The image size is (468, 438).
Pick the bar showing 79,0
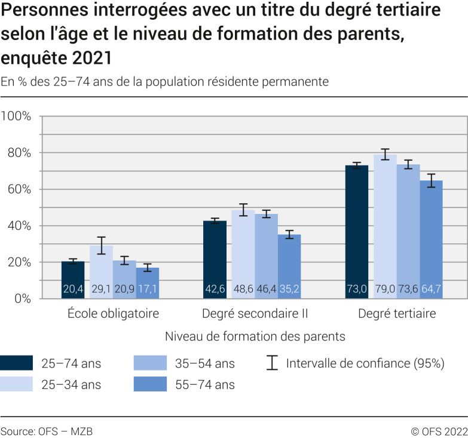pos(385,227)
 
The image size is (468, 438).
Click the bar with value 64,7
pos(430,240)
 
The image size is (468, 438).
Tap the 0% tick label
pos(22,299)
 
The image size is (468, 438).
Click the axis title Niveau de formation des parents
pos(255,336)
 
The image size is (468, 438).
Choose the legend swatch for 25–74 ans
pos(17,363)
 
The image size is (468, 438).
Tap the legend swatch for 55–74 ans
pos(151,384)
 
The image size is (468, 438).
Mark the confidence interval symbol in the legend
pos(273,363)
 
